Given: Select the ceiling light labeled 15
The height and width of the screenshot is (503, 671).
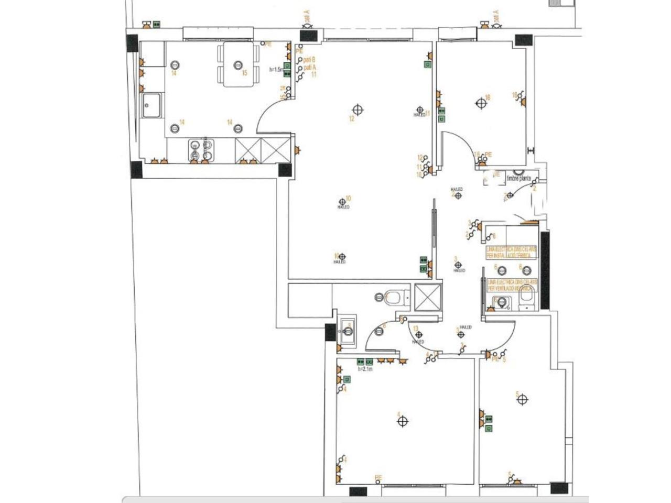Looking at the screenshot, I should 238,65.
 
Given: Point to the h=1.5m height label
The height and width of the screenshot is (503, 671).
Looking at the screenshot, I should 276,69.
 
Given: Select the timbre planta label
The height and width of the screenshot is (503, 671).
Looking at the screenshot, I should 518,179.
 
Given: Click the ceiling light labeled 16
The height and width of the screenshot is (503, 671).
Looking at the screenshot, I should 481,104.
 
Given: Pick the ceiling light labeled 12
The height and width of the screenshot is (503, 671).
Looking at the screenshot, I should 358,110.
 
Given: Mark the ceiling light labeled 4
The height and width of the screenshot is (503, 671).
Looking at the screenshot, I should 403,421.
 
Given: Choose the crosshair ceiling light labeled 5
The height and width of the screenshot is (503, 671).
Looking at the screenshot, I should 522,400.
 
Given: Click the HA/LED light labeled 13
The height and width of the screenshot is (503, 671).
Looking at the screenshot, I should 418,335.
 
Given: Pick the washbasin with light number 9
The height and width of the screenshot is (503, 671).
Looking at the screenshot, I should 347,331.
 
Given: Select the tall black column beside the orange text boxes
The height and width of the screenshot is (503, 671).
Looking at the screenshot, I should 545,270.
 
